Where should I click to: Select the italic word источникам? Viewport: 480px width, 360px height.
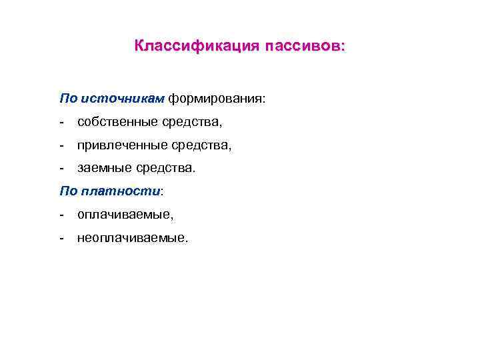pyautogui.click(x=122, y=99)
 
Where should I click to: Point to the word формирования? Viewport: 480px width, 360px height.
pyautogui.click(x=215, y=99)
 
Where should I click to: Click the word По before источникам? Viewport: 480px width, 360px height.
pyautogui.click(x=68, y=99)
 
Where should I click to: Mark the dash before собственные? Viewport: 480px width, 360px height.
pyautogui.click(x=61, y=122)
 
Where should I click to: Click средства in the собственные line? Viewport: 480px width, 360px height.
pyautogui.click(x=192, y=122)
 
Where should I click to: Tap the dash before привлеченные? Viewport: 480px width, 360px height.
pyautogui.click(x=61, y=145)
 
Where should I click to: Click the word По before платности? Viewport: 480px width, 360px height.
pyautogui.click(x=68, y=191)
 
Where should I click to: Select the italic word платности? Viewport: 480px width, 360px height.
pyautogui.click(x=120, y=191)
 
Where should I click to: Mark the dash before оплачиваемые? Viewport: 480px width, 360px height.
pyautogui.click(x=61, y=215)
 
